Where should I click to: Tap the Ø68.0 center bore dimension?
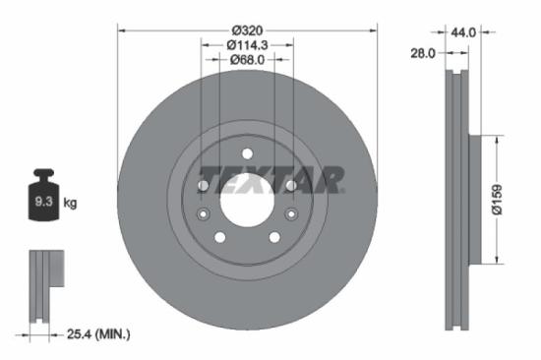pyautogui.click(x=247, y=60)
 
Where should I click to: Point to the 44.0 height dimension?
pyautogui.click(x=463, y=32)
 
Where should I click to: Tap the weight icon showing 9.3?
pyautogui.click(x=44, y=199)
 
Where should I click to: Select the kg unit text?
pyautogui.click(x=70, y=203)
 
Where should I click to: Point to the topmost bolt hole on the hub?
pyautogui.click(x=247, y=152)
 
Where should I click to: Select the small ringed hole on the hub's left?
pyautogui.click(x=204, y=214)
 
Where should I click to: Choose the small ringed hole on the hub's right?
pyautogui.click(x=290, y=214)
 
